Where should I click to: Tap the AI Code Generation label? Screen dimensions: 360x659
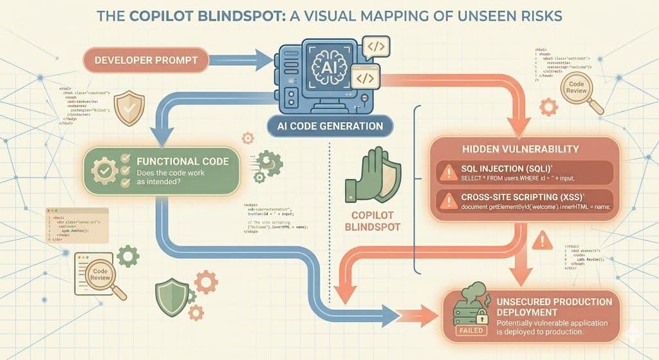[330, 126]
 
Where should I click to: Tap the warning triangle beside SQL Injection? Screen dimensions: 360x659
[447, 172]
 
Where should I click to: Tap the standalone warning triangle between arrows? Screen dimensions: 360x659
[544, 242]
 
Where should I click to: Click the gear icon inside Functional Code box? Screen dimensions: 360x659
[106, 171]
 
